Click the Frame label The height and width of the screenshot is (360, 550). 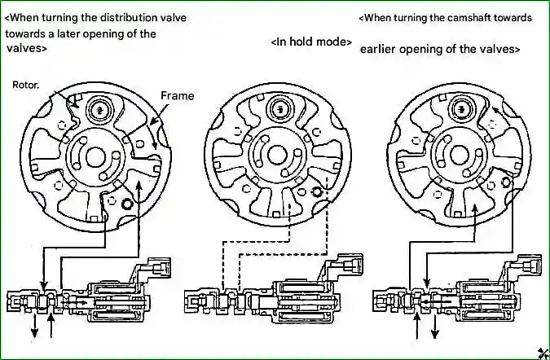[177, 96]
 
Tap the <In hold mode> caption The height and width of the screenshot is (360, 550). [311, 42]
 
